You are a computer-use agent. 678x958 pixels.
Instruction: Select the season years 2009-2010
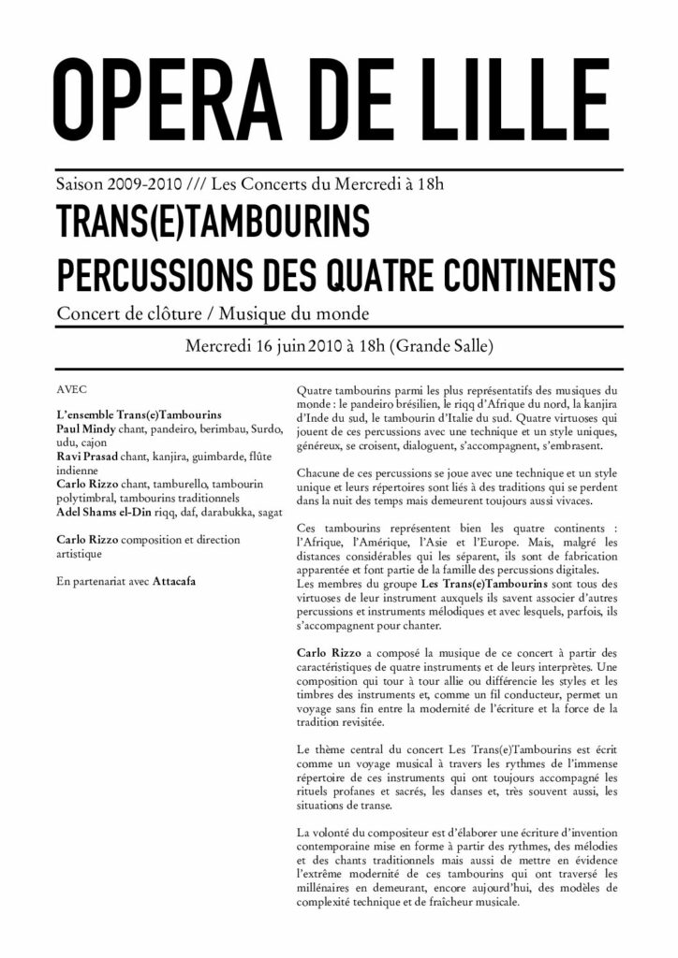click(x=133, y=184)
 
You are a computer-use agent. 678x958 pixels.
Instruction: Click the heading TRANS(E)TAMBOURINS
click(x=213, y=222)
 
